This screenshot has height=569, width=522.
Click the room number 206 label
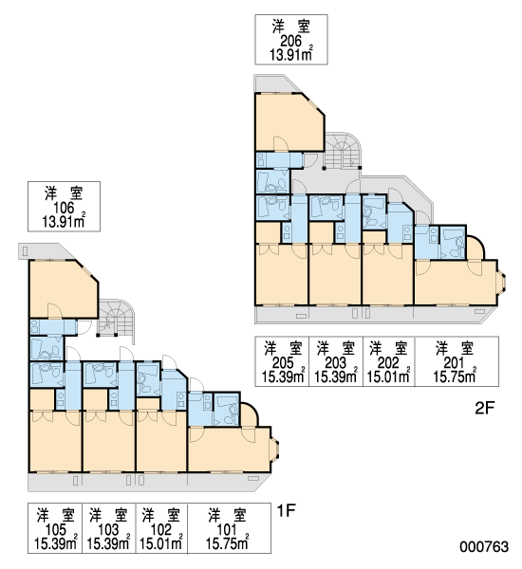290,41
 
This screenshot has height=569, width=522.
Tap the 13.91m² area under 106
64,221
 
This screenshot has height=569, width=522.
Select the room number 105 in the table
56,530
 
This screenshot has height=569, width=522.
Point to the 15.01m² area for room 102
161,542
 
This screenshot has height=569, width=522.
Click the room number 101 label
227,530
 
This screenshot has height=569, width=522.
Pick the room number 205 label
283,363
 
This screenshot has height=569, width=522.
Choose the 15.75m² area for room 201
455,376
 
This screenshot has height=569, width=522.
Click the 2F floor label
485,409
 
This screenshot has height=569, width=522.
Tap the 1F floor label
287,511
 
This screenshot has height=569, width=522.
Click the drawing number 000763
484,546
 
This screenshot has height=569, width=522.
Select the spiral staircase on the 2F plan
344,150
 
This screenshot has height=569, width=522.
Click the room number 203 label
336,363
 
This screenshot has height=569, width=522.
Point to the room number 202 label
388,363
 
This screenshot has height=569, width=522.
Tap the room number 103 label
108,530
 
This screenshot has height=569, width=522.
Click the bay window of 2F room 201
502,282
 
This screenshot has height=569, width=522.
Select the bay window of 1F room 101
275,449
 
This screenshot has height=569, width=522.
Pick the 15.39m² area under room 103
108,542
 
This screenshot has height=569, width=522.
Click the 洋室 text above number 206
291,28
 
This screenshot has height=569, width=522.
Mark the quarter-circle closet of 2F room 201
475,248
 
